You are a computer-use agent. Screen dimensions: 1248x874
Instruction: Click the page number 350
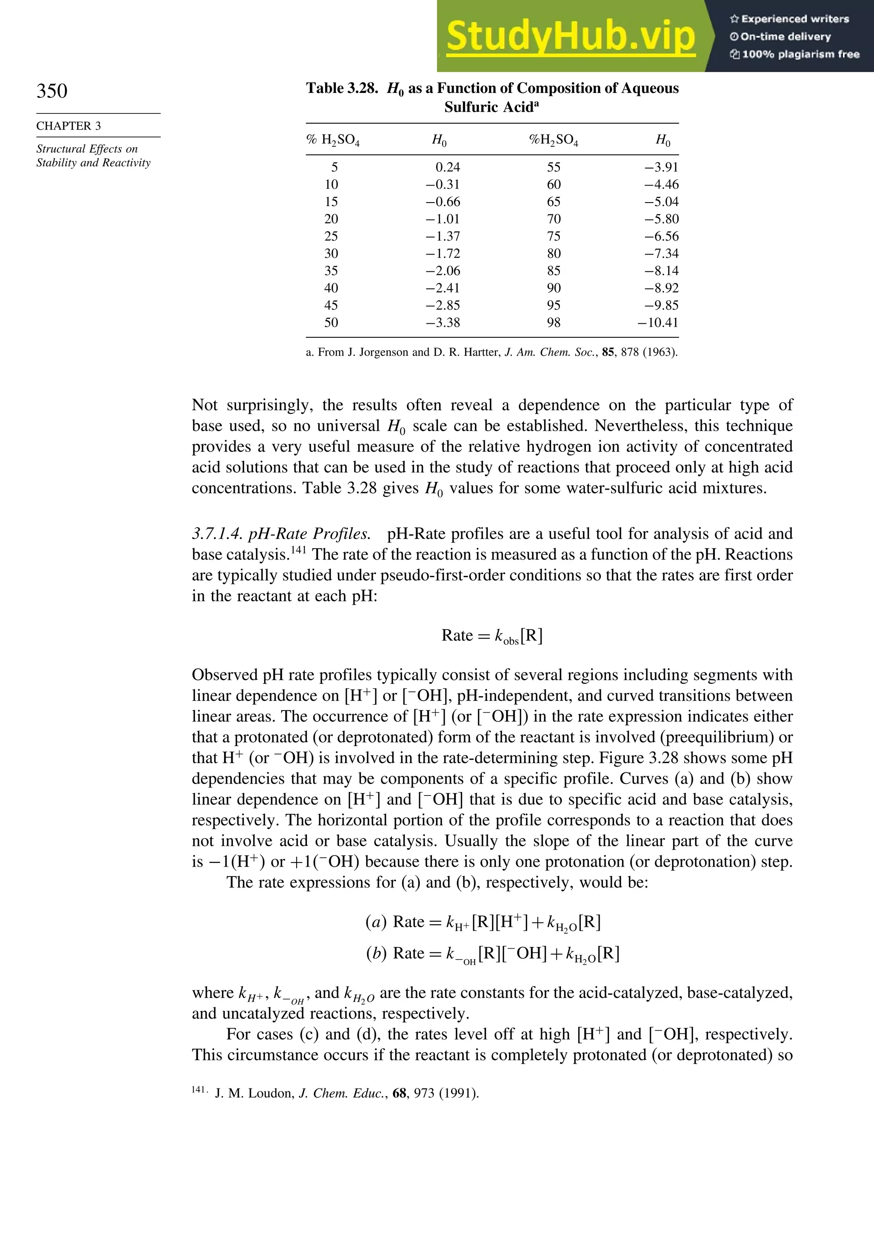click(52, 91)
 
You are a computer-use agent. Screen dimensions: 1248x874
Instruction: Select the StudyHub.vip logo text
click(570, 36)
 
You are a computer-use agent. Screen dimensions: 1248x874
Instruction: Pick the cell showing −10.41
click(658, 323)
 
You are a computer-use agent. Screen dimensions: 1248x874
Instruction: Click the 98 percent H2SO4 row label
click(553, 323)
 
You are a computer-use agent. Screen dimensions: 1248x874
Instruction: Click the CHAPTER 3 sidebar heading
click(69, 126)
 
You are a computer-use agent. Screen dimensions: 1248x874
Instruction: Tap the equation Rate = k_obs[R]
click(492, 636)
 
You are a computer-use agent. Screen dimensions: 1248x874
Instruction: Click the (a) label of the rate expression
click(376, 922)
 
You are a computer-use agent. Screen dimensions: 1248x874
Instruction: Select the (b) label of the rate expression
click(376, 953)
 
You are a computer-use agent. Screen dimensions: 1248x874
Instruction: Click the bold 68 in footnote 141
click(399, 1093)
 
